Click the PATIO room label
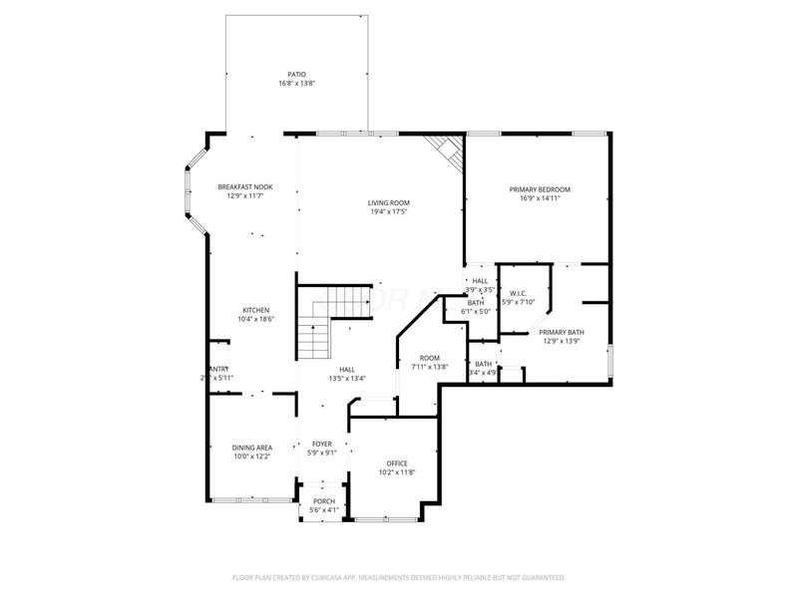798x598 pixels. tap(297, 74)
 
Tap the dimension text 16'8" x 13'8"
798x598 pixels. tap(297, 83)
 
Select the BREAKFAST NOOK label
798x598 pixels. tap(245, 187)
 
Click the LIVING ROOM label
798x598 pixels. tap(390, 202)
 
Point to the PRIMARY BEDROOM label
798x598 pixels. tap(540, 188)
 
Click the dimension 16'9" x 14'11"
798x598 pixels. tap(540, 197)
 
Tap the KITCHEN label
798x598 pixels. tap(255, 310)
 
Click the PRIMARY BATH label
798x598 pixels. tap(562, 332)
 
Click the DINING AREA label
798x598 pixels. tap(252, 448)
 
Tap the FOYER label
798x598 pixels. tap(322, 444)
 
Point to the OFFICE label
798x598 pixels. tap(397, 462)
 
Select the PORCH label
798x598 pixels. tap(324, 500)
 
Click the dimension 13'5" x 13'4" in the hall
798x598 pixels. tap(347, 378)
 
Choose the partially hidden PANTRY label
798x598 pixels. tap(218, 369)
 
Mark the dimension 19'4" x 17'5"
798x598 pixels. tap(390, 211)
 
